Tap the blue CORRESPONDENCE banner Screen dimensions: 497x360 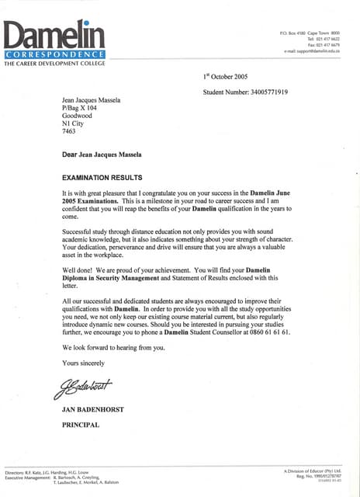(x=54, y=54)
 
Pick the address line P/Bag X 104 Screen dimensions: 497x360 (x=81, y=108)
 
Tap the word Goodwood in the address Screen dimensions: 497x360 (x=78, y=116)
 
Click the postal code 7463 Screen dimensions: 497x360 (x=70, y=132)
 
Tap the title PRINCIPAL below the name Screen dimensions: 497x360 (x=81, y=425)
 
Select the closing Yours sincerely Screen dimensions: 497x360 (x=83, y=363)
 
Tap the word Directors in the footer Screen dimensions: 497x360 (x=16, y=471)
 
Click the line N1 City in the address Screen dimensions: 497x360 (x=74, y=124)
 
